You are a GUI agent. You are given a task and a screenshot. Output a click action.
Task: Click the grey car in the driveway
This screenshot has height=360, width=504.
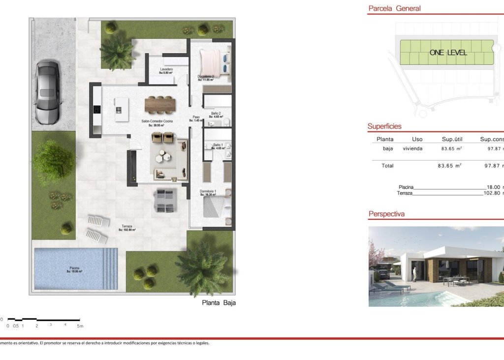tap(47, 92)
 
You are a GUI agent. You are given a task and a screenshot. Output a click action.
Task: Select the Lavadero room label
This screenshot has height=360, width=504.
tap(166, 69)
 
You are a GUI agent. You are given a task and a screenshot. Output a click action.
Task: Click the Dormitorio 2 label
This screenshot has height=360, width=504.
tap(207, 77)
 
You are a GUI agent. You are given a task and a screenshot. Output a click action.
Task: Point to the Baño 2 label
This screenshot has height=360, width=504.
tap(216, 114)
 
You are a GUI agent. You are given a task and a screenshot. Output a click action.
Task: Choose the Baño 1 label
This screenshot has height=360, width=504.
tap(218, 145)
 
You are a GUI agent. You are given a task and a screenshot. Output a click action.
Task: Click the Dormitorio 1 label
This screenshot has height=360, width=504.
tap(208, 191)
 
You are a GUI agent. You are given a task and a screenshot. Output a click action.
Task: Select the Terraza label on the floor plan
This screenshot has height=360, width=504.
tap(127, 226)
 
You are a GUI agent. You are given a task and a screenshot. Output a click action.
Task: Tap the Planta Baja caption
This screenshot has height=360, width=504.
tap(219, 303)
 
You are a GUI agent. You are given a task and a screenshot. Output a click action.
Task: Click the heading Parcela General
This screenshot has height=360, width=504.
tap(395, 8)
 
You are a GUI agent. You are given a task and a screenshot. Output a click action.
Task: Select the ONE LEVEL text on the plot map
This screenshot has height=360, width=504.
tap(448, 53)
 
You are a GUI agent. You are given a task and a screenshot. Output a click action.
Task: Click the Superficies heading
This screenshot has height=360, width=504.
tap(384, 126)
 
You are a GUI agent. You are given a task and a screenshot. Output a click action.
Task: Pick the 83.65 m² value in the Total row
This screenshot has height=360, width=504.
tap(449, 166)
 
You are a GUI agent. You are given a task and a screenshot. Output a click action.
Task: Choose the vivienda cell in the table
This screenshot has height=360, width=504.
tap(412, 149)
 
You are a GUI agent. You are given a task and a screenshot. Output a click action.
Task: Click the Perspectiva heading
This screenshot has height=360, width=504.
tap(386, 214)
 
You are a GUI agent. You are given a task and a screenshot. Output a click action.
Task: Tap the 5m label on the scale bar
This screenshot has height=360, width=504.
tap(80, 326)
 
